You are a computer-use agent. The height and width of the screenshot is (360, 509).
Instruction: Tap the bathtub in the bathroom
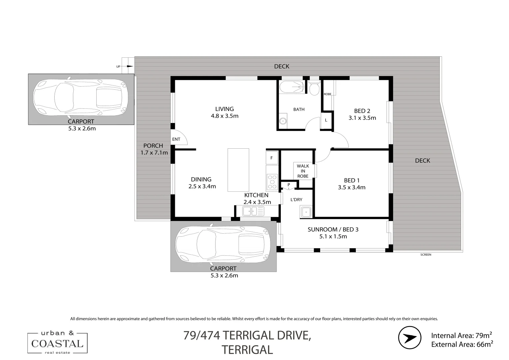coord(292,87)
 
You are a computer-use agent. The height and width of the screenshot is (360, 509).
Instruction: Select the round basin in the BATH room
coord(283,121)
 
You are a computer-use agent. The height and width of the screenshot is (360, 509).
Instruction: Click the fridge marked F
coord(272,158)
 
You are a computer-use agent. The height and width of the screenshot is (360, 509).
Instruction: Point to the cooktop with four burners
coord(272,182)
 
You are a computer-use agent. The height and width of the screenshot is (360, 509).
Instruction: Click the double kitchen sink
coord(253,211)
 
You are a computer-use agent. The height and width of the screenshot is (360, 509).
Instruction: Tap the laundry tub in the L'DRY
coord(306,212)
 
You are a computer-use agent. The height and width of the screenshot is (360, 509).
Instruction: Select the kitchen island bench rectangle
coord(238,170)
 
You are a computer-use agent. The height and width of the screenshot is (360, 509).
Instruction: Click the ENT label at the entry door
coord(176,139)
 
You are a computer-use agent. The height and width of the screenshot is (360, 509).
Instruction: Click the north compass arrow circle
coord(410,338)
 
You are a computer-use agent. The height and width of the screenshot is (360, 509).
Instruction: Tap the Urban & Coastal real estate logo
coord(57,343)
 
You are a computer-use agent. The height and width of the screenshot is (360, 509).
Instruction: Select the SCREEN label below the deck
coord(426,255)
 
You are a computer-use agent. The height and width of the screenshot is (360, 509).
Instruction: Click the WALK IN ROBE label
coord(303,171)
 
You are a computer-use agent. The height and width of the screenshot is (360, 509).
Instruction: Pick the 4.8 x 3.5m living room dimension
coord(225,116)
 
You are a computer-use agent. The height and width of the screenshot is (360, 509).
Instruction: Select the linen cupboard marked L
coord(326,120)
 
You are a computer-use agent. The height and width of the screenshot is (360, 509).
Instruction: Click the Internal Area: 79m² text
coord(461,335)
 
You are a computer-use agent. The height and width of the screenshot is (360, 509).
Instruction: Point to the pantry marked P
coord(289,185)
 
